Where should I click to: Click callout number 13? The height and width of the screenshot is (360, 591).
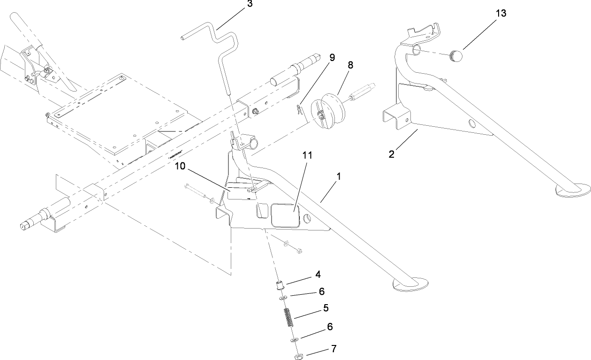tap(501, 14)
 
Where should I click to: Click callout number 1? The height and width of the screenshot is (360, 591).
tap(339, 177)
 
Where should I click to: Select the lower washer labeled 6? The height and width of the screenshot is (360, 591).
tap(293, 339)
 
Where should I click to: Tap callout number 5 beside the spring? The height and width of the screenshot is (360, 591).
tap(325, 308)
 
